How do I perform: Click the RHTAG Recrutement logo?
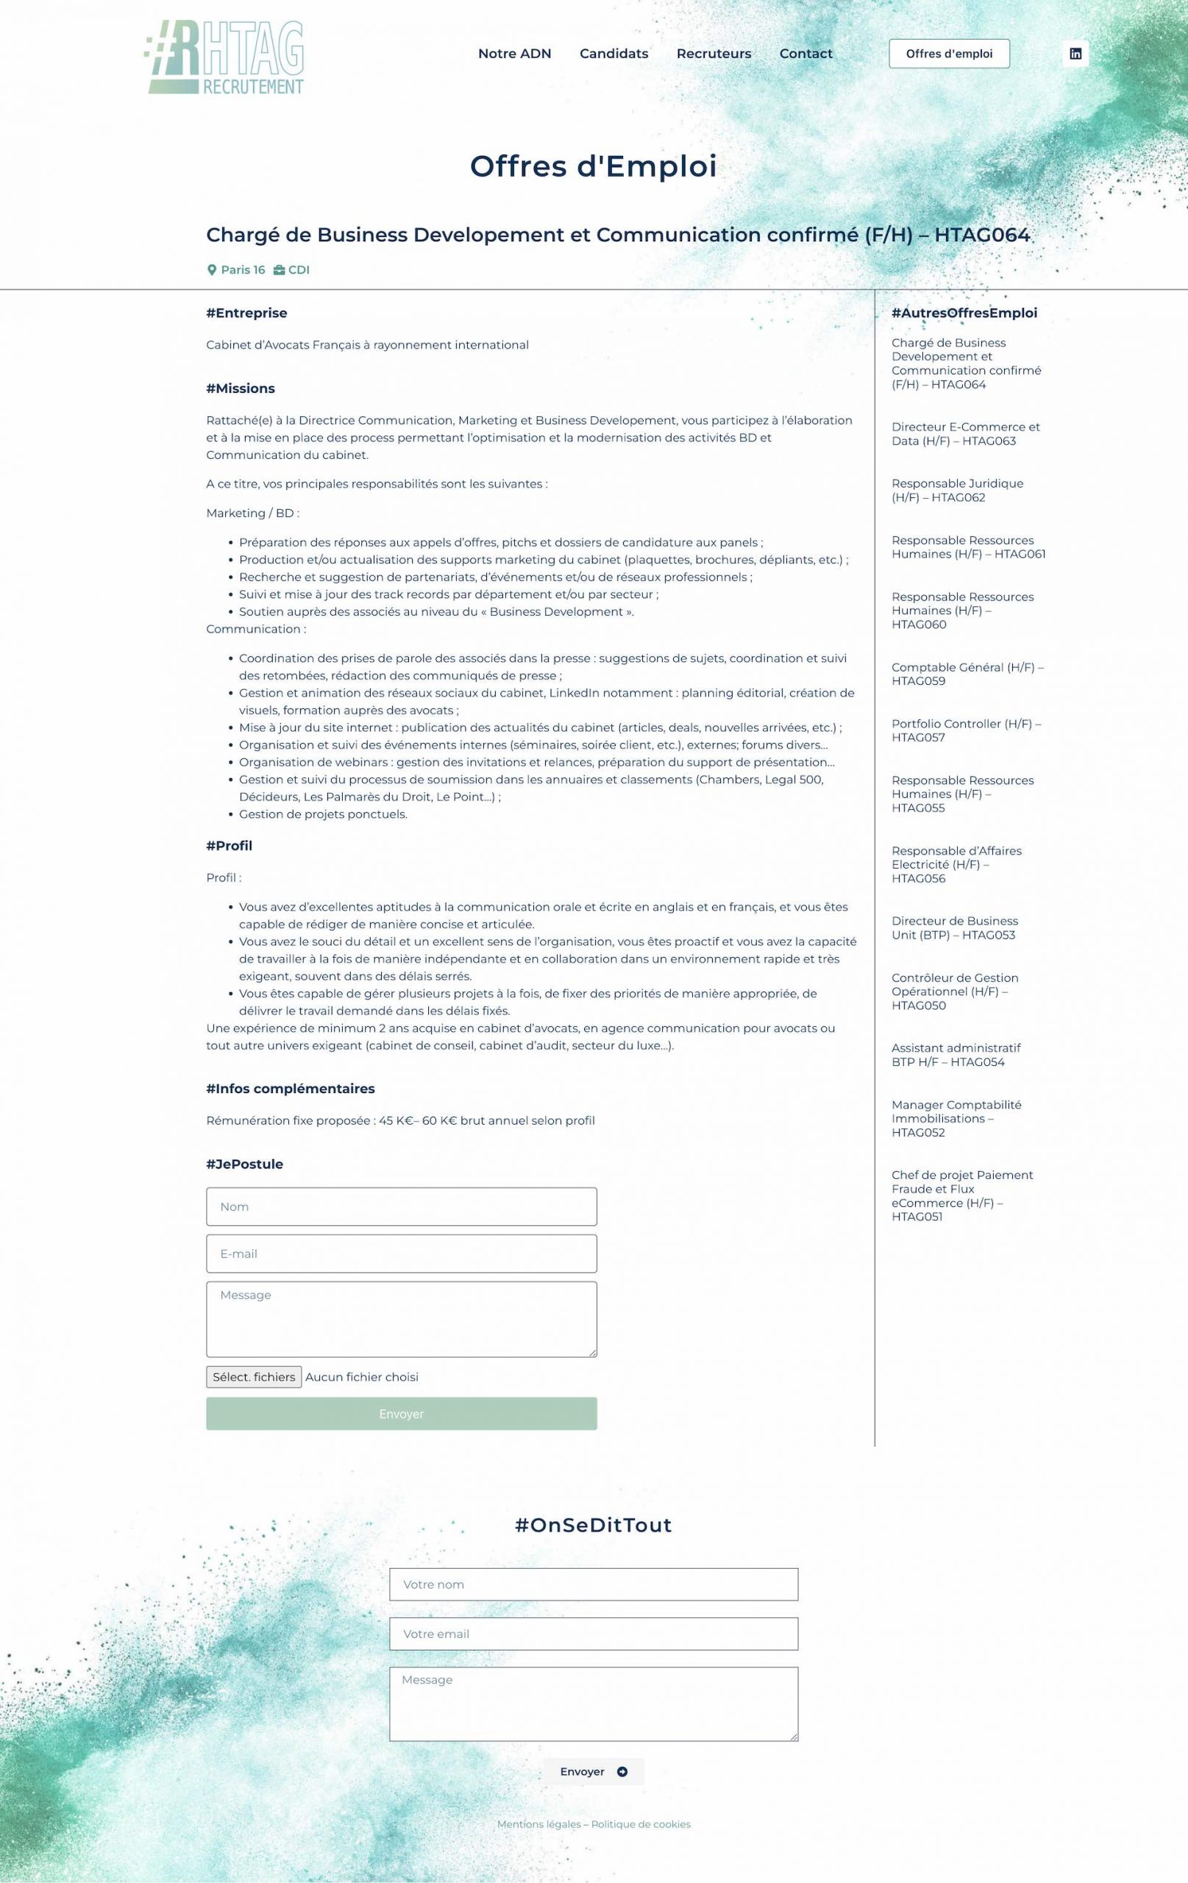tap(224, 57)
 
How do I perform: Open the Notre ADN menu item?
tap(515, 54)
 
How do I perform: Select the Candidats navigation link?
tap(614, 54)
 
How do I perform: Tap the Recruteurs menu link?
tap(714, 54)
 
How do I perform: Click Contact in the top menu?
tap(805, 54)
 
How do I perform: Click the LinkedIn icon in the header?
tap(1075, 54)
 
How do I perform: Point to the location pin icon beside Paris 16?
tap(211, 270)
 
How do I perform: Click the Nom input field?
tap(401, 1206)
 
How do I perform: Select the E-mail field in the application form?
tap(401, 1253)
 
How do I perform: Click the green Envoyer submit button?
tap(401, 1414)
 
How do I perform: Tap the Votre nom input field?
tap(594, 1584)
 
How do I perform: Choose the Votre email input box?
tap(594, 1634)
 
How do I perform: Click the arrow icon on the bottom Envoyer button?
tap(622, 1771)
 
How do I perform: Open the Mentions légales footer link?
tap(538, 1824)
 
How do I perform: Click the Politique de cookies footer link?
tap(641, 1824)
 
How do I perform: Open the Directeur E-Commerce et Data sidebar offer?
tap(965, 434)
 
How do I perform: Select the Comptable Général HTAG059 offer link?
tap(967, 674)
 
